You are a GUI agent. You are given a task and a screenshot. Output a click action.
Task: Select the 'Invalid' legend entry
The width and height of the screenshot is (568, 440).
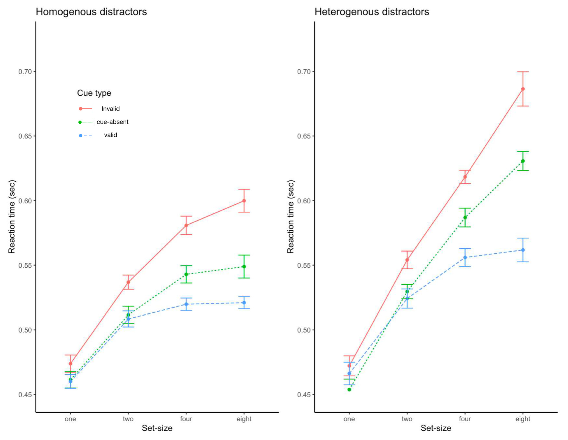point(110,109)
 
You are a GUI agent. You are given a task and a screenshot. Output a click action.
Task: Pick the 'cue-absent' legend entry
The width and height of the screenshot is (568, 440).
point(112,122)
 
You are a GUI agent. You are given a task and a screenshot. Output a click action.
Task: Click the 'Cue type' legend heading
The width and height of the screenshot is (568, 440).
point(94,93)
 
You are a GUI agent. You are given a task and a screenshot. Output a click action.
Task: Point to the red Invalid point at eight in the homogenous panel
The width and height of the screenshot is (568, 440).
point(244,201)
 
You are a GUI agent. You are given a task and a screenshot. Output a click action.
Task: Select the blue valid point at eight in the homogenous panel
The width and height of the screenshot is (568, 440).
point(244,303)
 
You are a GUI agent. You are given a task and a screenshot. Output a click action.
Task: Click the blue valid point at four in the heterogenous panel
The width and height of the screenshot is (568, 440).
point(465,257)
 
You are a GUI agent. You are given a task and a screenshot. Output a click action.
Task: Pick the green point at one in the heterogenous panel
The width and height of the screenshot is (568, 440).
point(349,390)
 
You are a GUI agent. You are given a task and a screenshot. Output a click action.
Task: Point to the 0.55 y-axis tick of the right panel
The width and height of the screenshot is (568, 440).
point(304,266)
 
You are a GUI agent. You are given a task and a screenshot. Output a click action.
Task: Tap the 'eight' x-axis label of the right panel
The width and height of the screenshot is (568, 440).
point(523,419)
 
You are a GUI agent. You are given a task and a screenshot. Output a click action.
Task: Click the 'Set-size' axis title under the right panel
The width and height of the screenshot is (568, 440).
point(436,428)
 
